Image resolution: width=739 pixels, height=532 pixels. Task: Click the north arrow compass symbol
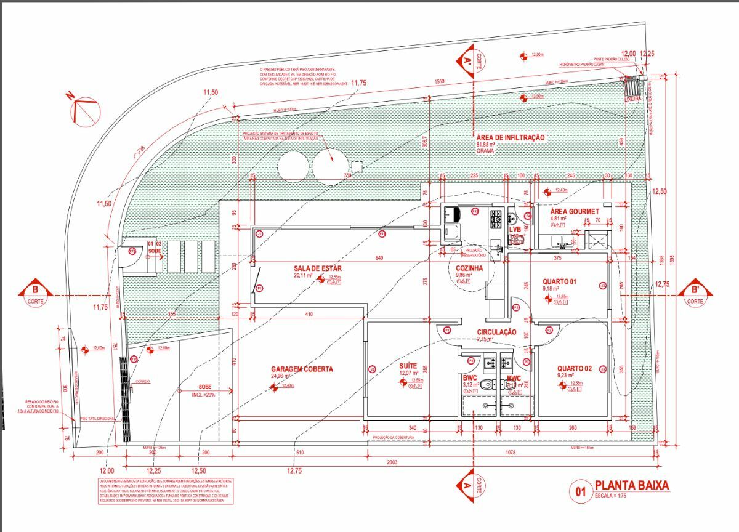(x=85, y=110)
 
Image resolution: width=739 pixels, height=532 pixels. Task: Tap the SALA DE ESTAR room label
(x=318, y=268)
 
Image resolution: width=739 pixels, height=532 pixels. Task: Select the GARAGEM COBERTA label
(x=294, y=369)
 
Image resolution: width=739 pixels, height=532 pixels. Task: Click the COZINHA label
(x=469, y=268)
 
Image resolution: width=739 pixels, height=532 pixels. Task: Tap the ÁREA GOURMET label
(x=574, y=211)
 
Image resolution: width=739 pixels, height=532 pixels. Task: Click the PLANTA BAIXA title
(x=631, y=485)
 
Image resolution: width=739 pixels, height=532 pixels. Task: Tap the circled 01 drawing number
(x=579, y=492)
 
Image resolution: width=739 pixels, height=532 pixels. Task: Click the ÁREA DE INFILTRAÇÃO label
(x=510, y=137)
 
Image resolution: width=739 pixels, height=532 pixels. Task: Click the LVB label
(x=515, y=229)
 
